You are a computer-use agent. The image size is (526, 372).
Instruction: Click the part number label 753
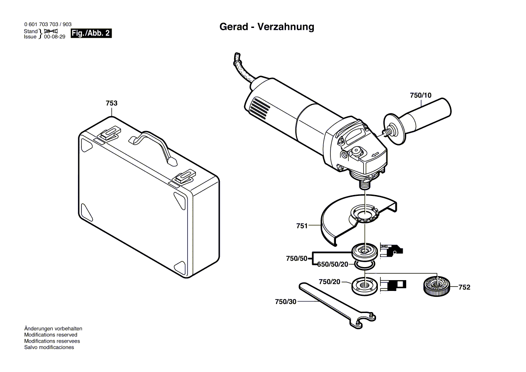(x=111, y=104)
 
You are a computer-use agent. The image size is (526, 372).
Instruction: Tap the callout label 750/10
(x=420, y=95)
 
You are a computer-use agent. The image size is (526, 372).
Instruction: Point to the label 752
(x=464, y=287)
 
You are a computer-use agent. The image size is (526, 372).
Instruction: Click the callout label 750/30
(x=286, y=302)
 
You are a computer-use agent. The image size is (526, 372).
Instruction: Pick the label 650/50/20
(x=333, y=264)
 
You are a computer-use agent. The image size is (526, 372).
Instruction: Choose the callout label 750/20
(x=329, y=281)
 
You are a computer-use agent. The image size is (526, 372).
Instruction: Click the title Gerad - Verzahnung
(x=267, y=27)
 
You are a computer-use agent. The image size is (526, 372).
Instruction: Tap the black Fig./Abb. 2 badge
(x=91, y=34)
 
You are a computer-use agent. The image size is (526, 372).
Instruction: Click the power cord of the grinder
(x=245, y=72)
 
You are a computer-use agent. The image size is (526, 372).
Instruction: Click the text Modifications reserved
(x=50, y=335)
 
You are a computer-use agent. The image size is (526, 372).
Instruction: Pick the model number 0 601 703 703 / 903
(x=47, y=24)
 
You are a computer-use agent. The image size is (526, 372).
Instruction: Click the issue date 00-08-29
(x=54, y=37)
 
